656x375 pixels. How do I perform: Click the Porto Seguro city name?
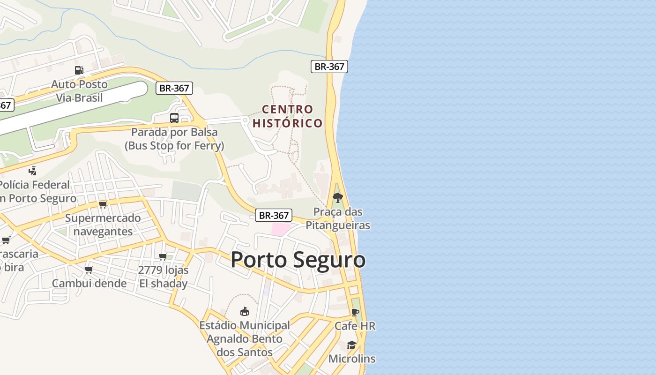click(x=298, y=260)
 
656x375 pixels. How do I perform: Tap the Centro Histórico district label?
click(x=288, y=116)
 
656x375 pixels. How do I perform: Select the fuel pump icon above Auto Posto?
click(x=79, y=70)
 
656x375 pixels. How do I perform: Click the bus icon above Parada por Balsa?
click(x=174, y=118)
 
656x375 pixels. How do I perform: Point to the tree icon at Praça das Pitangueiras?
click(x=337, y=198)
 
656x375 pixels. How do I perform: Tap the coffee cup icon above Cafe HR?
click(x=355, y=312)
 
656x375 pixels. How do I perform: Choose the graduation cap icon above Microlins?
click(x=351, y=345)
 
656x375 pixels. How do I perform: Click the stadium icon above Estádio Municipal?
click(x=244, y=311)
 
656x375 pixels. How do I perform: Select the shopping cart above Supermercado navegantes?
click(x=103, y=204)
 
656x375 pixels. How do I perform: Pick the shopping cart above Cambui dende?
click(x=89, y=270)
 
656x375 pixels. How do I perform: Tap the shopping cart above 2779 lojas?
click(x=163, y=256)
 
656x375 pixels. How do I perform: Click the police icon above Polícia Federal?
click(x=32, y=171)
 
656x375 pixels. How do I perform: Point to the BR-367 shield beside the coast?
click(x=329, y=67)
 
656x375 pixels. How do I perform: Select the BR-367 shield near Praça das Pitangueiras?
click(x=274, y=215)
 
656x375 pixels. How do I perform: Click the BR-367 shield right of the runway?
click(x=174, y=88)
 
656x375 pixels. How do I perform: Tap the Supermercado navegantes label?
click(x=103, y=225)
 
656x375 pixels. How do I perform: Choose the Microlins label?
click(x=352, y=359)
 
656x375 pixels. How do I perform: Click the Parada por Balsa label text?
click(x=174, y=139)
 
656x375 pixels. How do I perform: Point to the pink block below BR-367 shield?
click(x=281, y=230)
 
